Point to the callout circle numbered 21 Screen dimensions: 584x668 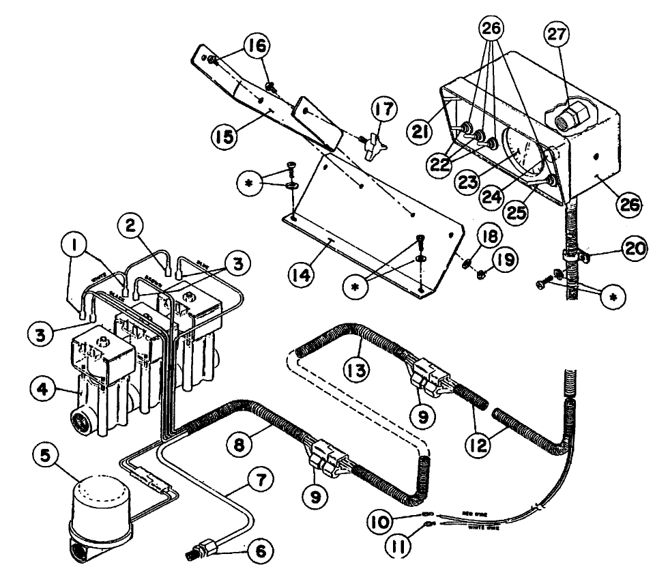tap(422, 129)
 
